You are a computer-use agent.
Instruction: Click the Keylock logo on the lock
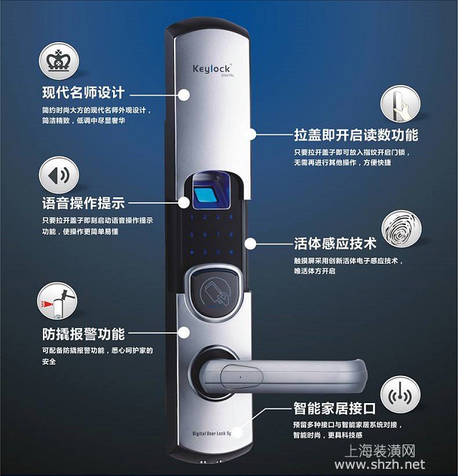(x=212, y=69)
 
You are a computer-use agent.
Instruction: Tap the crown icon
(x=59, y=61)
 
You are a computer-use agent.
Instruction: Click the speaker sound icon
(x=59, y=175)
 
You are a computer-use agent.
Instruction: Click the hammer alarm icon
(x=57, y=302)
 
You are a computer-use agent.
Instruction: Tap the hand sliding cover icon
(x=401, y=104)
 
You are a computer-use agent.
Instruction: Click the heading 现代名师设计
(x=83, y=92)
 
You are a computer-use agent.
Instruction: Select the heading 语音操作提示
(x=83, y=203)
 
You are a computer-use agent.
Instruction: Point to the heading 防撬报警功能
(x=83, y=334)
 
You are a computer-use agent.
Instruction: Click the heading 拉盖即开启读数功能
(x=356, y=135)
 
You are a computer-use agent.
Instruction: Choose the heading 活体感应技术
(x=335, y=244)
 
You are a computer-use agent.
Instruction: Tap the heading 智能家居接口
(x=334, y=408)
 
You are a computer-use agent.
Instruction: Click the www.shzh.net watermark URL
(x=380, y=465)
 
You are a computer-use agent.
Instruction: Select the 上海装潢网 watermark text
(x=380, y=451)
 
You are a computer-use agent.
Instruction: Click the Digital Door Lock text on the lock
(x=212, y=434)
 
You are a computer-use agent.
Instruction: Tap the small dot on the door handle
(x=240, y=377)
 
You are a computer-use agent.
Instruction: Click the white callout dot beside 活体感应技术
(x=250, y=244)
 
